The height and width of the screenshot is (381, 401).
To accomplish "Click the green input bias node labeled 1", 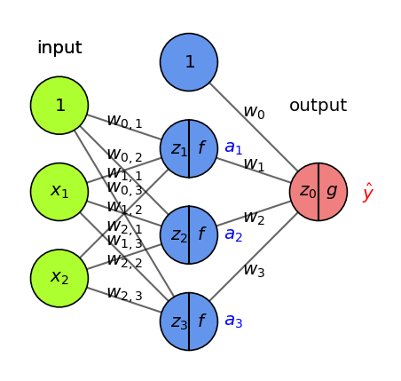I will pos(59,106).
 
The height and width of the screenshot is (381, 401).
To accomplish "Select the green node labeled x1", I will pos(59,192).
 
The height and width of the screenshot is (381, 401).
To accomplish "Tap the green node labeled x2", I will pos(59,278).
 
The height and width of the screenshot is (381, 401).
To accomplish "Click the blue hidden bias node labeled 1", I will pos(189,62).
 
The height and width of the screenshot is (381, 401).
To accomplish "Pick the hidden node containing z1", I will pos(189,148).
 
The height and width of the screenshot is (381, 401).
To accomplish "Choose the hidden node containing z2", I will pos(189,235).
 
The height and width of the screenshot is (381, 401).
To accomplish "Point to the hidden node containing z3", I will pos(189,321).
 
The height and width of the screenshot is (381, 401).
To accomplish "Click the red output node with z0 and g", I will pos(318,192).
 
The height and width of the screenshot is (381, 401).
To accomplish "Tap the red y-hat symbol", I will pos(367,193).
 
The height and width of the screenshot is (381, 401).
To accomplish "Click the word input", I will pos(59,48).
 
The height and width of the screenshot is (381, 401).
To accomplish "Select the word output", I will pos(318,106).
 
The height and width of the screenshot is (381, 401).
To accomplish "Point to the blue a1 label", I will pos(233,147).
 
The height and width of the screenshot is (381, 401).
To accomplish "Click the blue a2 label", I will pos(233,234).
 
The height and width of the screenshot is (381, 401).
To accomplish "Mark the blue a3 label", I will pos(233,321).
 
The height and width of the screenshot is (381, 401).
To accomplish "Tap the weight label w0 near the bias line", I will pos(254,112).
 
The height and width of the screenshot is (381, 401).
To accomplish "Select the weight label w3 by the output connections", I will pos(254,270).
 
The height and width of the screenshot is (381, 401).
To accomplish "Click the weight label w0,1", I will pos(124,121).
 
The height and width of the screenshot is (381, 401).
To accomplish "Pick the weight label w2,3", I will pos(124,293).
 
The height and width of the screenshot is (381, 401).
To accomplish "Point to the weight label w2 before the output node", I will pos(254,218).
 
